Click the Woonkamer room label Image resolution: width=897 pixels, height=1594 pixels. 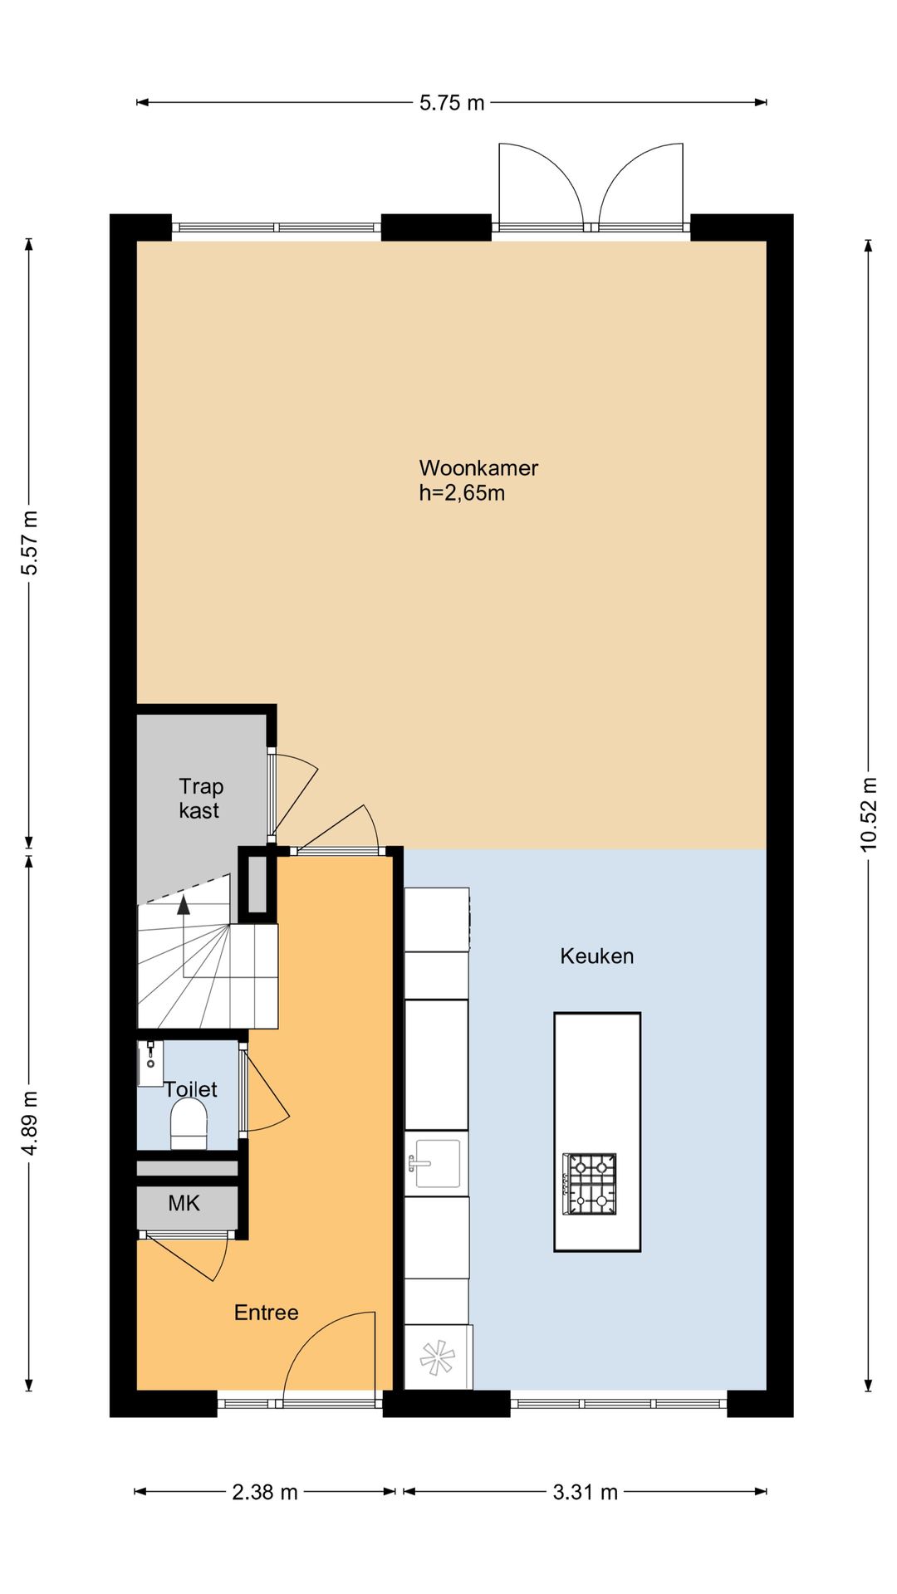click(478, 468)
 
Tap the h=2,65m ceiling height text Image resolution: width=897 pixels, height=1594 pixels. click(462, 493)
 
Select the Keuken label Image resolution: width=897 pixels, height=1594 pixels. click(596, 956)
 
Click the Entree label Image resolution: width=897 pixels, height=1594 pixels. click(266, 1313)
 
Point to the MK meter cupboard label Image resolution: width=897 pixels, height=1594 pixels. click(184, 1203)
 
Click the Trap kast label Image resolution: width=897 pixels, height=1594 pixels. click(200, 799)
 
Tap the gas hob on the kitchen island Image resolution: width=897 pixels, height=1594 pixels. click(590, 1184)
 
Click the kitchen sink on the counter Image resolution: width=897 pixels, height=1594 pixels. click(436, 1163)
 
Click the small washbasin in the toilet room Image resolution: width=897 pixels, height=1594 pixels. click(150, 1063)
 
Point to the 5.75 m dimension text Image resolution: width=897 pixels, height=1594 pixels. click(452, 103)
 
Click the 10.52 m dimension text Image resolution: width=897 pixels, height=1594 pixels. click(869, 814)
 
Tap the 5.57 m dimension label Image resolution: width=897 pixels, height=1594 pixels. click(30, 543)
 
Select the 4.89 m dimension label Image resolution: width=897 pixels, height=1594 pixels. click(30, 1122)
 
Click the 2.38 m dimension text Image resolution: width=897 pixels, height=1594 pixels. click(265, 1492)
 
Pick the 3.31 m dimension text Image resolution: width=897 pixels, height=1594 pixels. click(586, 1492)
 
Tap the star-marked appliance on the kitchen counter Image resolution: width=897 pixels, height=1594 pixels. click(438, 1358)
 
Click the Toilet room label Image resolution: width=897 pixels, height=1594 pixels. click(191, 1089)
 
